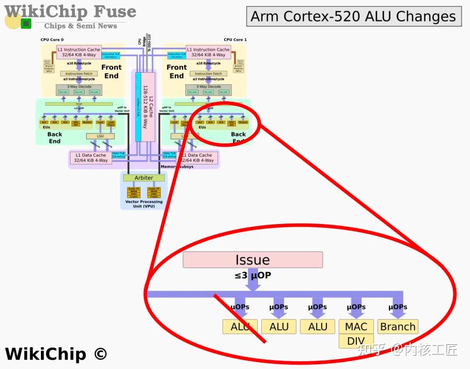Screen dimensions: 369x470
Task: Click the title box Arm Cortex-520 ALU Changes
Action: click(x=353, y=17)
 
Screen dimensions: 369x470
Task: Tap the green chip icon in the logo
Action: click(x=26, y=23)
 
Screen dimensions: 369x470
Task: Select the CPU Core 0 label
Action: click(x=52, y=40)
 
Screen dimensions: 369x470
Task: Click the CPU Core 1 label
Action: click(x=235, y=40)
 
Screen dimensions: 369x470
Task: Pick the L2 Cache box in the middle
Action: click(x=148, y=107)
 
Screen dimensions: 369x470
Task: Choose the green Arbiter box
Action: click(x=144, y=178)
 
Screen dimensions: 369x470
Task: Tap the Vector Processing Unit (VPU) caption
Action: click(x=144, y=204)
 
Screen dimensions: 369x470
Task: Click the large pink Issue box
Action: click(x=252, y=260)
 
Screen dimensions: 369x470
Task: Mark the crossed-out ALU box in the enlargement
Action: click(x=240, y=327)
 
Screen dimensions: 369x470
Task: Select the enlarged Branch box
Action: click(x=398, y=327)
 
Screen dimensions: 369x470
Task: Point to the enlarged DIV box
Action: click(x=356, y=341)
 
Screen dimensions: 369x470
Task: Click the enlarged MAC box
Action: click(x=356, y=327)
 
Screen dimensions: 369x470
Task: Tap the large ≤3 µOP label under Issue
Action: click(x=253, y=275)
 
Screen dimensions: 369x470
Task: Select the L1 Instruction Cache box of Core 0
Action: click(x=79, y=52)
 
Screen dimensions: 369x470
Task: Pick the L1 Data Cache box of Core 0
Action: click(x=91, y=158)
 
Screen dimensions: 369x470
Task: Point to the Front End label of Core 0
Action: click(x=111, y=71)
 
